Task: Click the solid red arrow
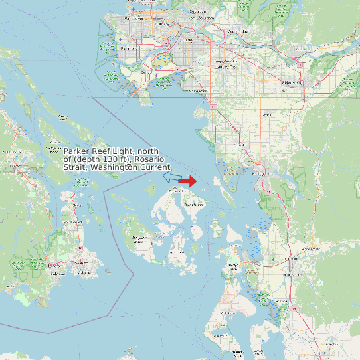coord(188,181)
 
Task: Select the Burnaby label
coord(161,24)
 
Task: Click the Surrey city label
coord(187,40)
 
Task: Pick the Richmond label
coord(130,48)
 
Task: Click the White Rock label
coord(197,90)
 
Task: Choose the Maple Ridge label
coord(238,31)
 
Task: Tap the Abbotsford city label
coord(291,82)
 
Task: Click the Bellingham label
coord(263,173)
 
